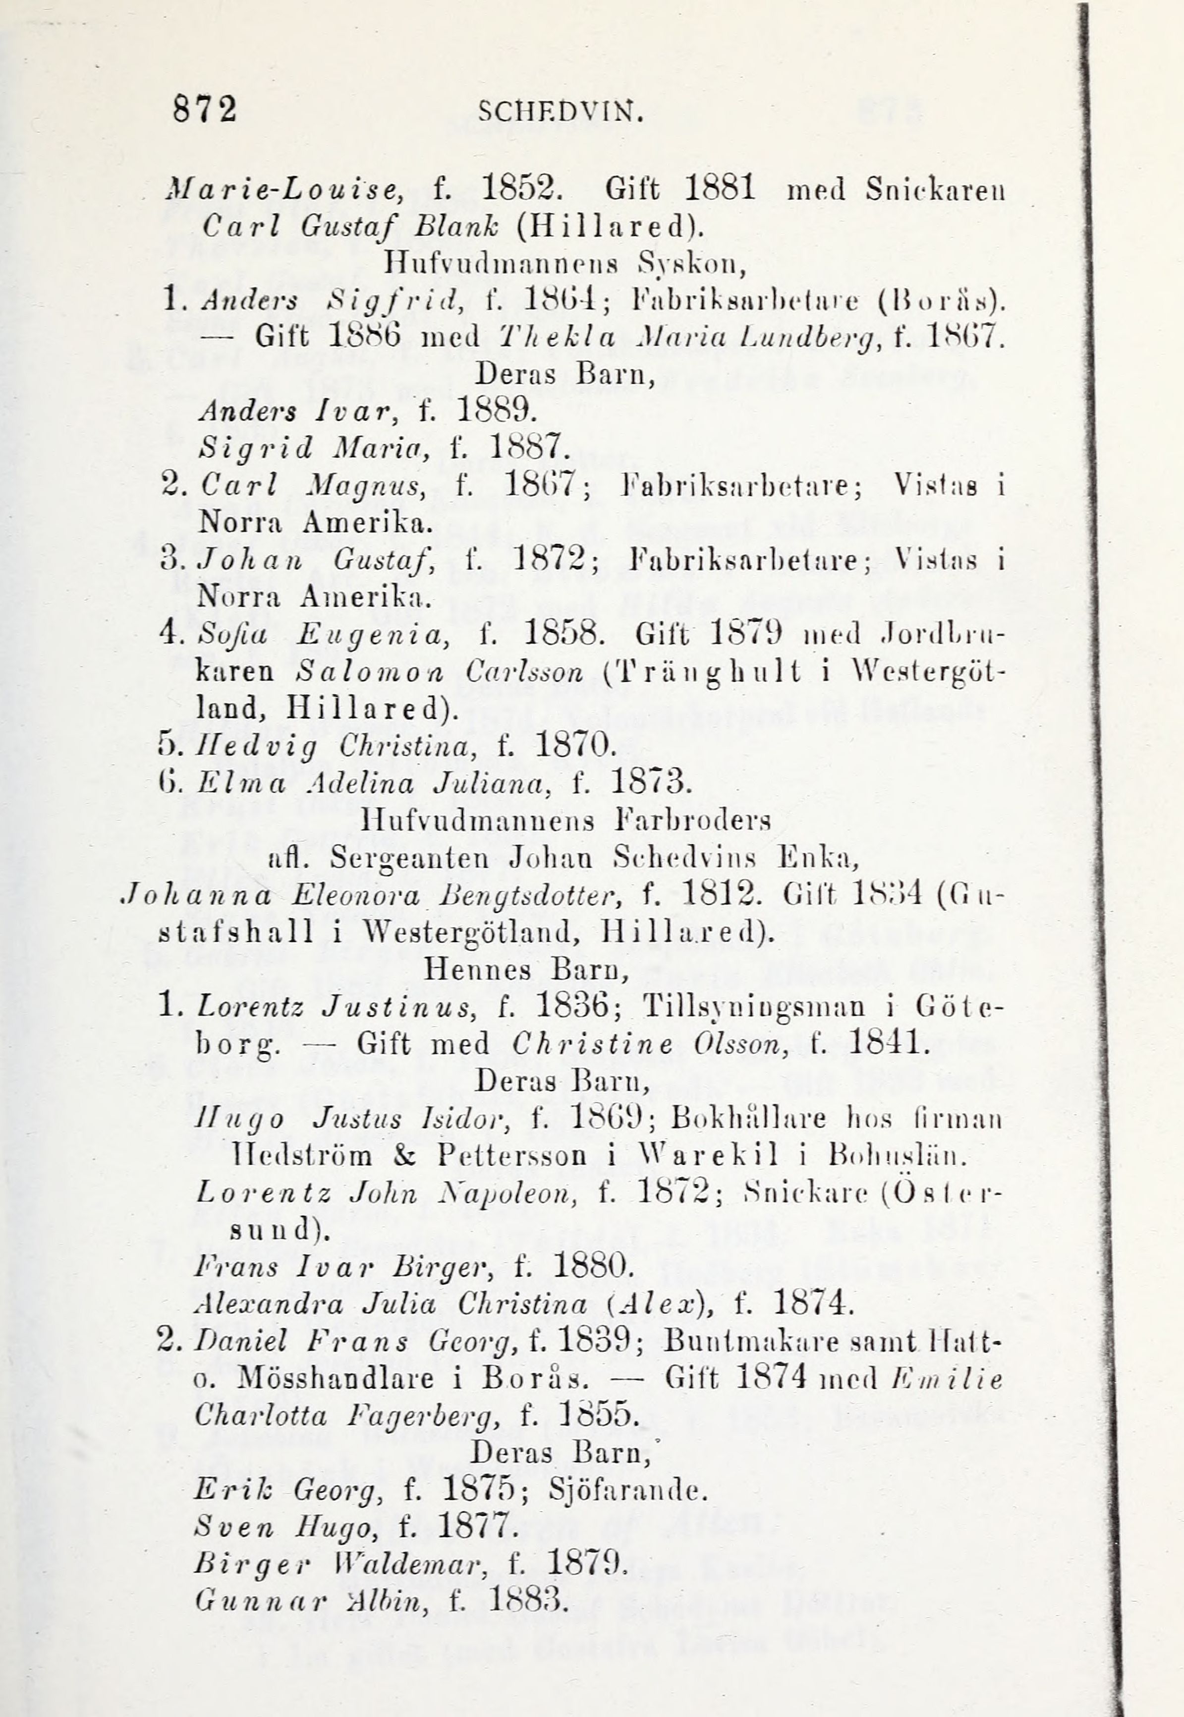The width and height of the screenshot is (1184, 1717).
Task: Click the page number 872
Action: click(x=205, y=111)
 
